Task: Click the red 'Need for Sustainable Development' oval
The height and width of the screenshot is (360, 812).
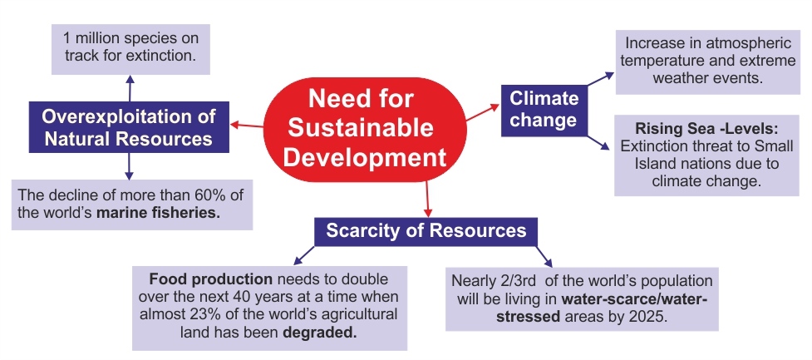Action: [x=365, y=129]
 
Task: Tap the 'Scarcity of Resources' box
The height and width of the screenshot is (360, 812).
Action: [x=426, y=231]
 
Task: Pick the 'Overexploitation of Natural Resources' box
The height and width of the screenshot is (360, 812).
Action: [x=129, y=127]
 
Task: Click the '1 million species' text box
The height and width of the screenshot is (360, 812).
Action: [x=130, y=49]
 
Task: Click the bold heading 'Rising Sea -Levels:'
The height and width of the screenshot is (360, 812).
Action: [x=707, y=128]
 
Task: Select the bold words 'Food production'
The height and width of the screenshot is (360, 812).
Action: [x=211, y=279]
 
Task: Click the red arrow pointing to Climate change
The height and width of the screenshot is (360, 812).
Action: [x=483, y=112]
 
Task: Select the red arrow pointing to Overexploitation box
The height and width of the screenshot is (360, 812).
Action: [x=247, y=125]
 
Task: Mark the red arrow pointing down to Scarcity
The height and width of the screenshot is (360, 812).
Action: [x=427, y=200]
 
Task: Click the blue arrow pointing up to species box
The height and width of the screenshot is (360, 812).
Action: [x=130, y=88]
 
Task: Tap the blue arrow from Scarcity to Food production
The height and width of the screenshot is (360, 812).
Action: [x=304, y=256]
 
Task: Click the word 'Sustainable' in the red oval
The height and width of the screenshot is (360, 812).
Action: [x=361, y=127]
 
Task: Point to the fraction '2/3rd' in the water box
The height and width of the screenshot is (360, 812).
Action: [x=513, y=281]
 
